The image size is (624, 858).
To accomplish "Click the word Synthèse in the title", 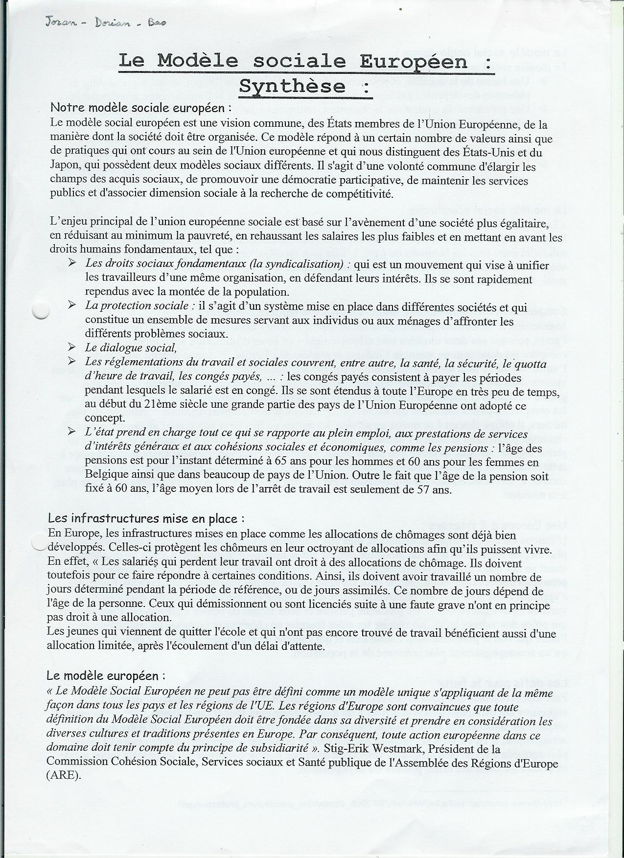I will pyautogui.click(x=292, y=86).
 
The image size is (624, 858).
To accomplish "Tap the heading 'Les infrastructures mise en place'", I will pyautogui.click(x=146, y=518).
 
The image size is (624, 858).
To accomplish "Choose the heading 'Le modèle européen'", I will pyautogui.click(x=106, y=675).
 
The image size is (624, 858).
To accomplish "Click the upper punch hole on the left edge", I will pyautogui.click(x=39, y=310).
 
